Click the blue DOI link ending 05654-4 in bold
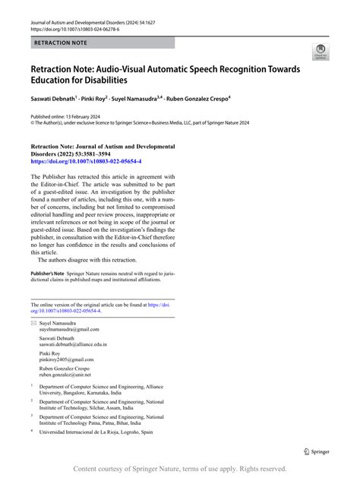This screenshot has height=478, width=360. pyautogui.click(x=85, y=162)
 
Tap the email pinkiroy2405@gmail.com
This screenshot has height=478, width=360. pyautogui.click(x=66, y=359)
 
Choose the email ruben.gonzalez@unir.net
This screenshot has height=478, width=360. pyautogui.click(x=66, y=375)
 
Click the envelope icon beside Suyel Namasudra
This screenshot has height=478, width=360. pyautogui.click(x=33, y=323)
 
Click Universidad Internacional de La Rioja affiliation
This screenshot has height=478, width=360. pyautogui.click(x=84, y=432)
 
